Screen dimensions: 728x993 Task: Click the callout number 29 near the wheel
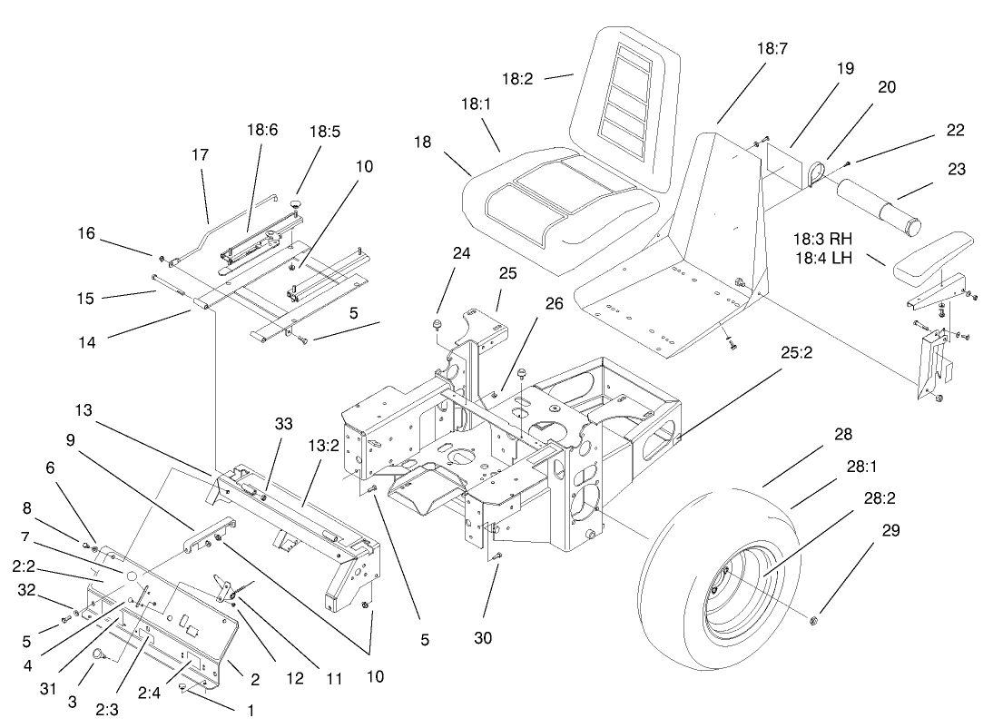tap(890, 531)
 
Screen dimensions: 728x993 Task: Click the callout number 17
tap(199, 155)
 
